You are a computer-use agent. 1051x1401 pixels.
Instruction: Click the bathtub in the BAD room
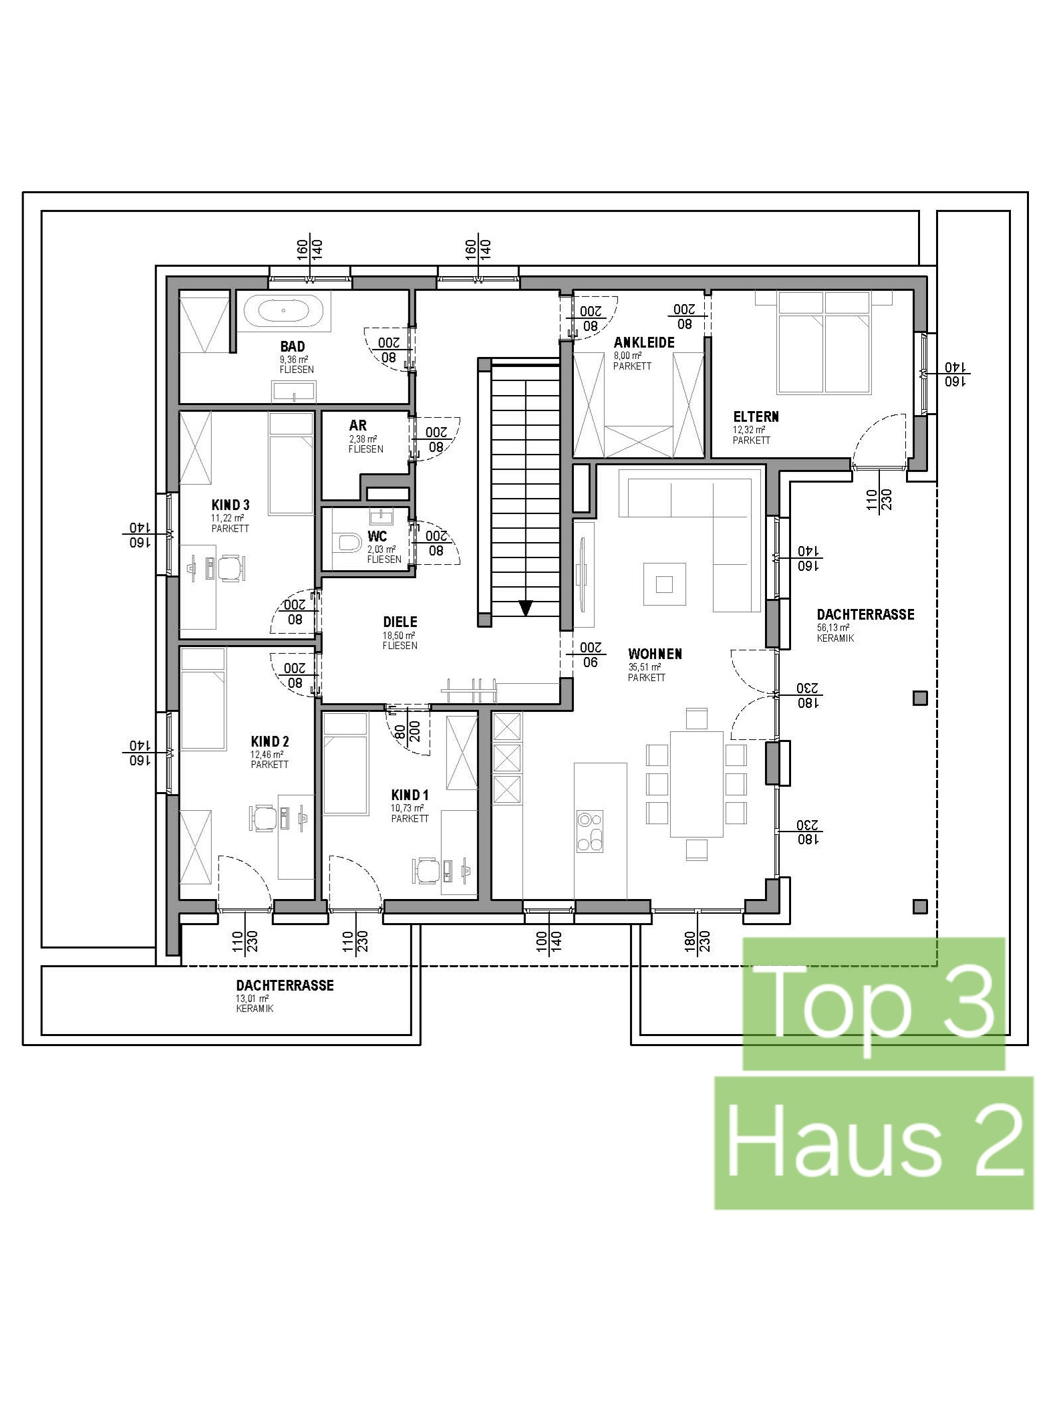(x=283, y=311)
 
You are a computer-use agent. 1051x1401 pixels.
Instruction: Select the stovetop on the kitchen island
(x=590, y=831)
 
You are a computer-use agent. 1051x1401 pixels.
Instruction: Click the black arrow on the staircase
(x=526, y=608)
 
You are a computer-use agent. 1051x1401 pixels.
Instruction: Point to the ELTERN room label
(x=756, y=416)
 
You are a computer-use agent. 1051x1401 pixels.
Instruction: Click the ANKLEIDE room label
(x=644, y=342)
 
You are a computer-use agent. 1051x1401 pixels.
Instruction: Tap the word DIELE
(x=400, y=622)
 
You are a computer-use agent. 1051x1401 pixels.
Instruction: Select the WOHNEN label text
(x=655, y=654)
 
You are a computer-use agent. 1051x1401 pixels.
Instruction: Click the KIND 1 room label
(x=410, y=795)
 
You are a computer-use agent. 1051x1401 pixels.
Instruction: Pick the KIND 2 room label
(x=270, y=741)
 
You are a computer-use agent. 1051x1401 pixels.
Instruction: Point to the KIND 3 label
(x=231, y=505)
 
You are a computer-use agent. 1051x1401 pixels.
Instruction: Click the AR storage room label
(x=357, y=425)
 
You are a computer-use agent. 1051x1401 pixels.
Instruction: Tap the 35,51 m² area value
(x=644, y=667)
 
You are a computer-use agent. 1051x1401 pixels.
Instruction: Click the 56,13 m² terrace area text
(x=833, y=628)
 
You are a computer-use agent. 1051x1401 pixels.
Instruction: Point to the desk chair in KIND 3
(x=229, y=567)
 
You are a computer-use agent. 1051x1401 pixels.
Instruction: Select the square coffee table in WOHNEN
(x=664, y=584)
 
